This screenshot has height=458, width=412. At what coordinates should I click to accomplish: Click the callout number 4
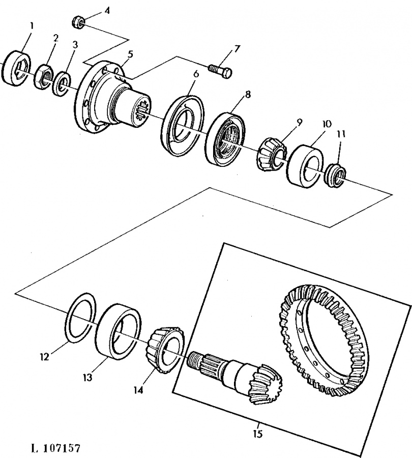tap(106, 10)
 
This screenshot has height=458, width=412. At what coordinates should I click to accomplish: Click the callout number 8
tap(248, 94)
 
